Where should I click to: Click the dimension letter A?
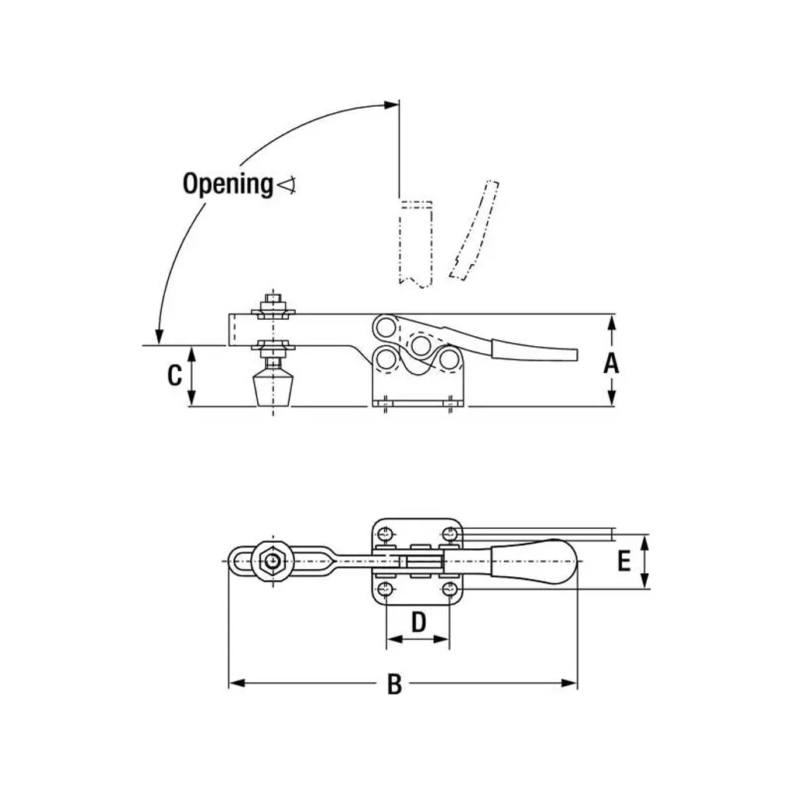(x=612, y=362)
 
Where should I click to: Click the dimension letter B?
(x=394, y=685)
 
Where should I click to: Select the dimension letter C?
(x=175, y=376)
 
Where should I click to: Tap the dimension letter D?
(x=418, y=621)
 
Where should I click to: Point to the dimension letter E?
(x=624, y=561)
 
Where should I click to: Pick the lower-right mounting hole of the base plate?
(x=450, y=589)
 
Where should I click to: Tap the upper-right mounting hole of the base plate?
(x=450, y=533)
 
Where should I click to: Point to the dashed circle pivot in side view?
(x=421, y=344)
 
